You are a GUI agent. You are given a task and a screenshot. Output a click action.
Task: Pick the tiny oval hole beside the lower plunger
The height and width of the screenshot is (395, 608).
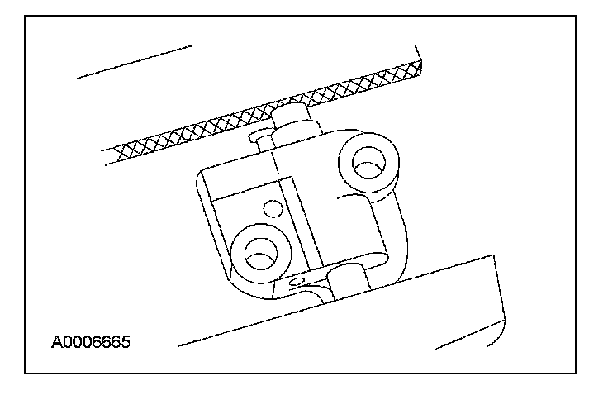pos(297,283)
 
